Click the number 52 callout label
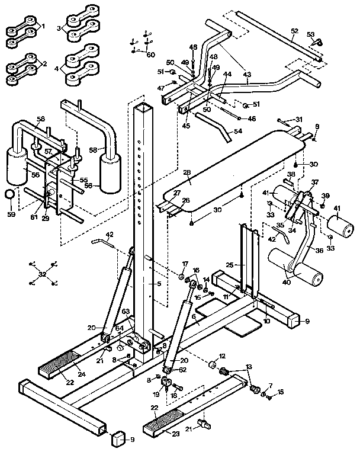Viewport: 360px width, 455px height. click(295, 31)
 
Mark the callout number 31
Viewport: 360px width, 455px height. click(298, 120)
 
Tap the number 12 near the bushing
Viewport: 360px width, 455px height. click(223, 356)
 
